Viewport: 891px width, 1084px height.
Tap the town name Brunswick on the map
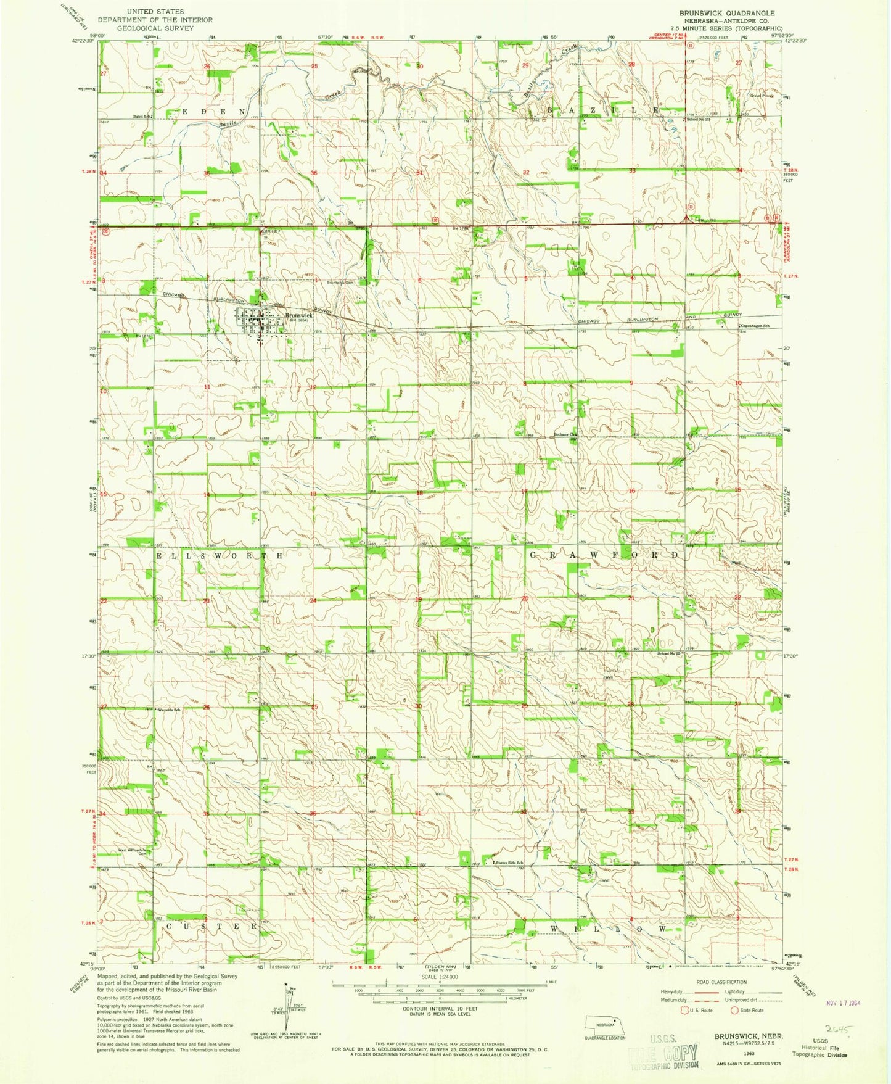pos(298,315)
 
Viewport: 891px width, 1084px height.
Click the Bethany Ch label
pos(564,434)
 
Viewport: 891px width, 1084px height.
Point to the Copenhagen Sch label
pos(755,325)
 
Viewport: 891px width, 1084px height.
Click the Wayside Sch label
pos(169,710)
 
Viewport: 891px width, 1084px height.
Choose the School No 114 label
pos(699,119)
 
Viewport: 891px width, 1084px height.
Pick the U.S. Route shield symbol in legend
pos(683,1011)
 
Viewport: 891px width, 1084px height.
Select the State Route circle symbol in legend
pos(734,1011)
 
